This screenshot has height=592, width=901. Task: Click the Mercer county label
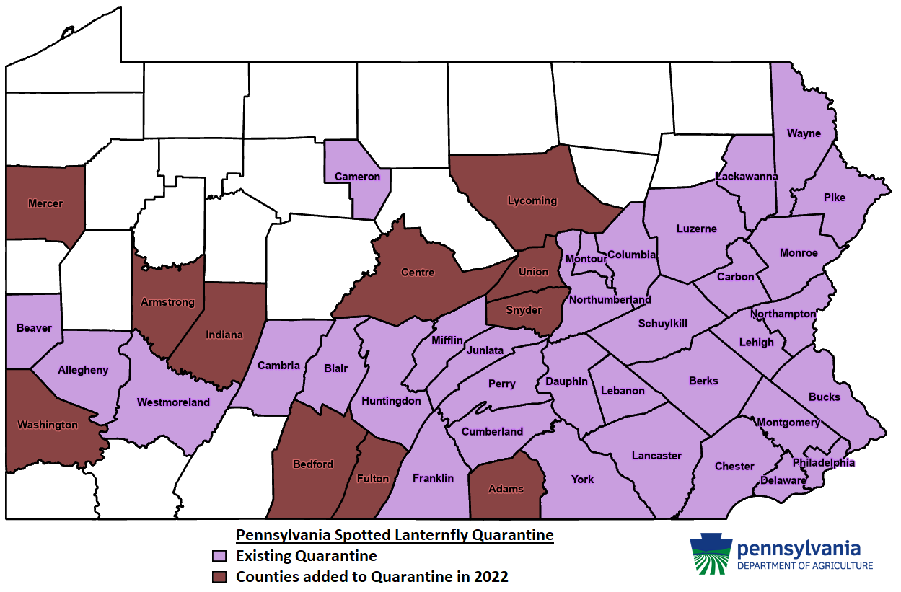(45, 203)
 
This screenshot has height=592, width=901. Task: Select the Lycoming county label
(532, 200)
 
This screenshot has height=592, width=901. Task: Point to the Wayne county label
(804, 133)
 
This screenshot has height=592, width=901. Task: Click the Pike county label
(834, 198)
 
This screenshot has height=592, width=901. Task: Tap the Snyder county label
(524, 310)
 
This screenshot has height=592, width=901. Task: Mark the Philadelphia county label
(823, 462)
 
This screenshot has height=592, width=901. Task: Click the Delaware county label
(783, 480)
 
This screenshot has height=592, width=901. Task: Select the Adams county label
(506, 489)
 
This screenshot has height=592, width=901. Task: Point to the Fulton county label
(373, 479)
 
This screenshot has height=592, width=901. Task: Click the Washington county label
(48, 425)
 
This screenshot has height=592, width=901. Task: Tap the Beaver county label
(34, 328)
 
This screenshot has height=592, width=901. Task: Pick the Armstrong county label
(167, 302)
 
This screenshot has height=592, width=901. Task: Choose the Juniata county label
(485, 350)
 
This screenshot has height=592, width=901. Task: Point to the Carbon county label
(735, 277)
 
